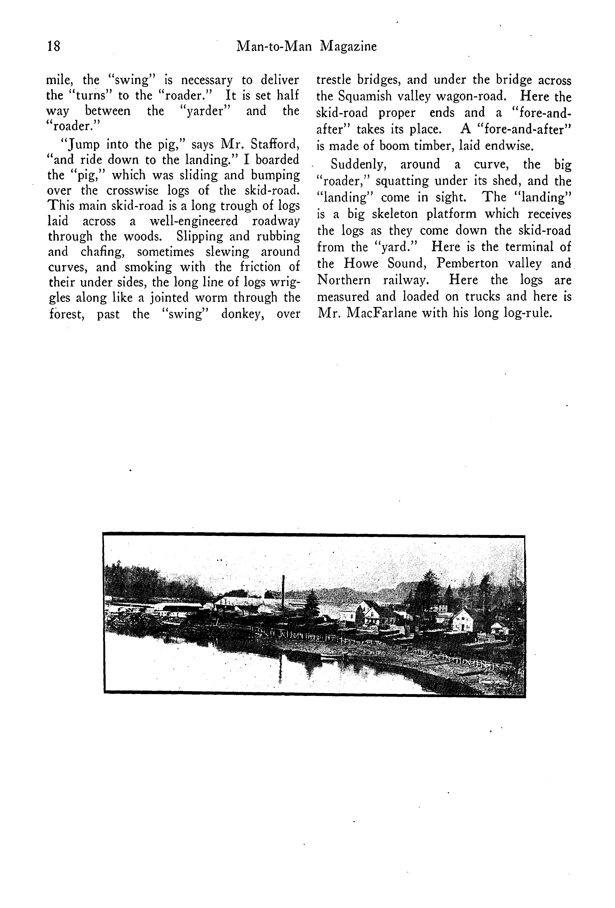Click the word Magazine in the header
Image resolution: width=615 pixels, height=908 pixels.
coord(348,46)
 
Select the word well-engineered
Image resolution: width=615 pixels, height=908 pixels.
coord(193,221)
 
